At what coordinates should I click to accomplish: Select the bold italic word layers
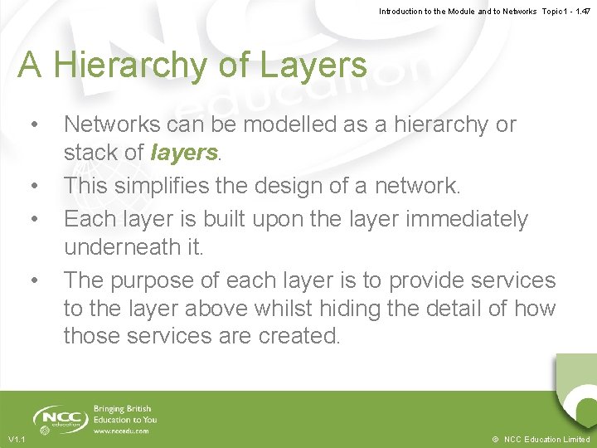pyautogui.click(x=184, y=153)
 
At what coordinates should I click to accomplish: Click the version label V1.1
pyautogui.click(x=17, y=439)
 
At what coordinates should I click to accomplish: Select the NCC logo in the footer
pyautogui.click(x=60, y=419)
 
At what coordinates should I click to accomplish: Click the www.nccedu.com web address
pyautogui.click(x=122, y=431)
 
